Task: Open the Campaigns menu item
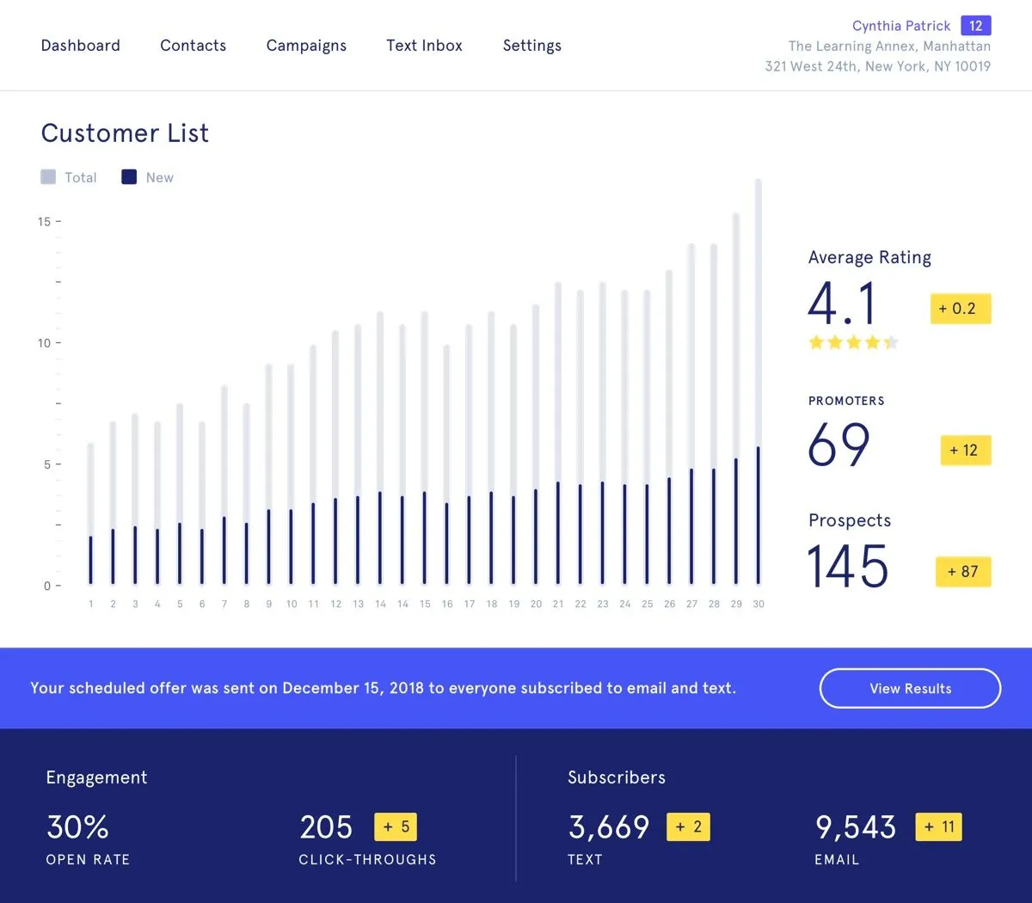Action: pyautogui.click(x=306, y=46)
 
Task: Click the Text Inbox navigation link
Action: pyautogui.click(x=424, y=46)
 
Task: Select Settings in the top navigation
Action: pyautogui.click(x=531, y=46)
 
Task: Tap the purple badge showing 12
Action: pyautogui.click(x=975, y=26)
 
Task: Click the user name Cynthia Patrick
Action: pyautogui.click(x=901, y=26)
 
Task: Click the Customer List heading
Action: pyautogui.click(x=125, y=133)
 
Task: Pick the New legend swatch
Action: pyautogui.click(x=129, y=177)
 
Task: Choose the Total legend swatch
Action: pyautogui.click(x=48, y=177)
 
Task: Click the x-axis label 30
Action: pyautogui.click(x=759, y=604)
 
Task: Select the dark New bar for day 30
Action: pyautogui.click(x=759, y=515)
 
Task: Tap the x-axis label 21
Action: pyautogui.click(x=558, y=604)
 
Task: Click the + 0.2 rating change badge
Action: pyautogui.click(x=961, y=308)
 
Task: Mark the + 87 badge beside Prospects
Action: pyautogui.click(x=963, y=572)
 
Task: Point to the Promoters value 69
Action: pyautogui.click(x=838, y=444)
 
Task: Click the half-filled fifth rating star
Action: pyautogui.click(x=891, y=342)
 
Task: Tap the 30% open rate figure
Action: pyautogui.click(x=77, y=826)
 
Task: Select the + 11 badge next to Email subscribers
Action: pyautogui.click(x=938, y=826)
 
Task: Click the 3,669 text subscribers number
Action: pyautogui.click(x=608, y=827)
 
